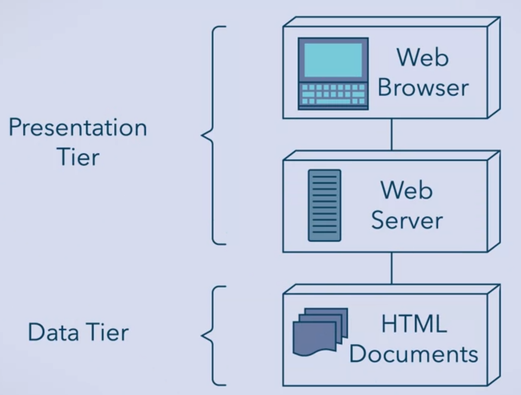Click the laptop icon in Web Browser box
334,73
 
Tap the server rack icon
325,205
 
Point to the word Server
407,221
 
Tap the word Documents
417,355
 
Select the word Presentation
78,127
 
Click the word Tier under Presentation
78,156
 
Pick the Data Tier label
78,332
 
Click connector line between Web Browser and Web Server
392,135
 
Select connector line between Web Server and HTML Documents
392,269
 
